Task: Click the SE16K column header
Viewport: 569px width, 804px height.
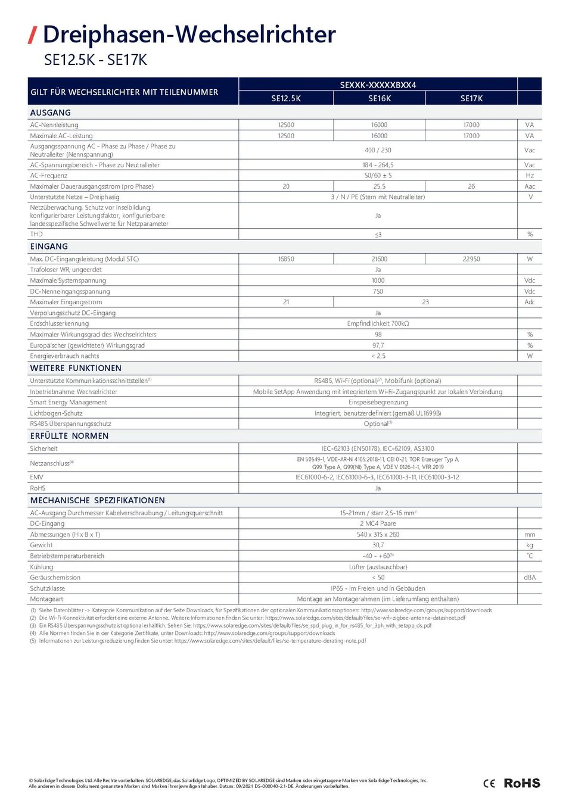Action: pos(380,99)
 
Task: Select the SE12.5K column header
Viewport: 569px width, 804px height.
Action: pos(286,99)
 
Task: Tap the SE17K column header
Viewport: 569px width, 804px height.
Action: pos(471,99)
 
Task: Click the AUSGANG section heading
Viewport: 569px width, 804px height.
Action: pos(51,113)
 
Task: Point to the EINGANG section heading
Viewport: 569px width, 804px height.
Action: pos(49,247)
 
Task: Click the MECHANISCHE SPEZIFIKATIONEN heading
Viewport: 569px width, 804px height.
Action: pos(98,500)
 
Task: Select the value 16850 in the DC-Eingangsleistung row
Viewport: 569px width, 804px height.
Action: pos(286,259)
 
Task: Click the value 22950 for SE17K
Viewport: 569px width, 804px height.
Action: pos(471,259)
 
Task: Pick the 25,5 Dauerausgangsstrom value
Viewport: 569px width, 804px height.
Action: pos(380,186)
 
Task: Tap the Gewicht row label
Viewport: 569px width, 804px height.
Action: pos(42,545)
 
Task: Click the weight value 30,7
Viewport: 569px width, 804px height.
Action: pos(378,545)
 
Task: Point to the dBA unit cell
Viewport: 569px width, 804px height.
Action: pos(530,578)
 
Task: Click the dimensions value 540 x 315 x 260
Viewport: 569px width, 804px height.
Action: pos(378,534)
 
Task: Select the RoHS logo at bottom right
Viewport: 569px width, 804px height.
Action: pos(522,783)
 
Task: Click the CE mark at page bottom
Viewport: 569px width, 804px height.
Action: pos(489,783)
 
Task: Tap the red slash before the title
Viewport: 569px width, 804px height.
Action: pos(33,35)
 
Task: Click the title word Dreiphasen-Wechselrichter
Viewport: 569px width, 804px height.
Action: pos(189,35)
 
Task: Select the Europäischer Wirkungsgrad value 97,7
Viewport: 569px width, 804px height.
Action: pos(378,345)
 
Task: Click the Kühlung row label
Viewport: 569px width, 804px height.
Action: pos(42,567)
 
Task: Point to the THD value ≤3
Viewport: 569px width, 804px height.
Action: pos(378,235)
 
